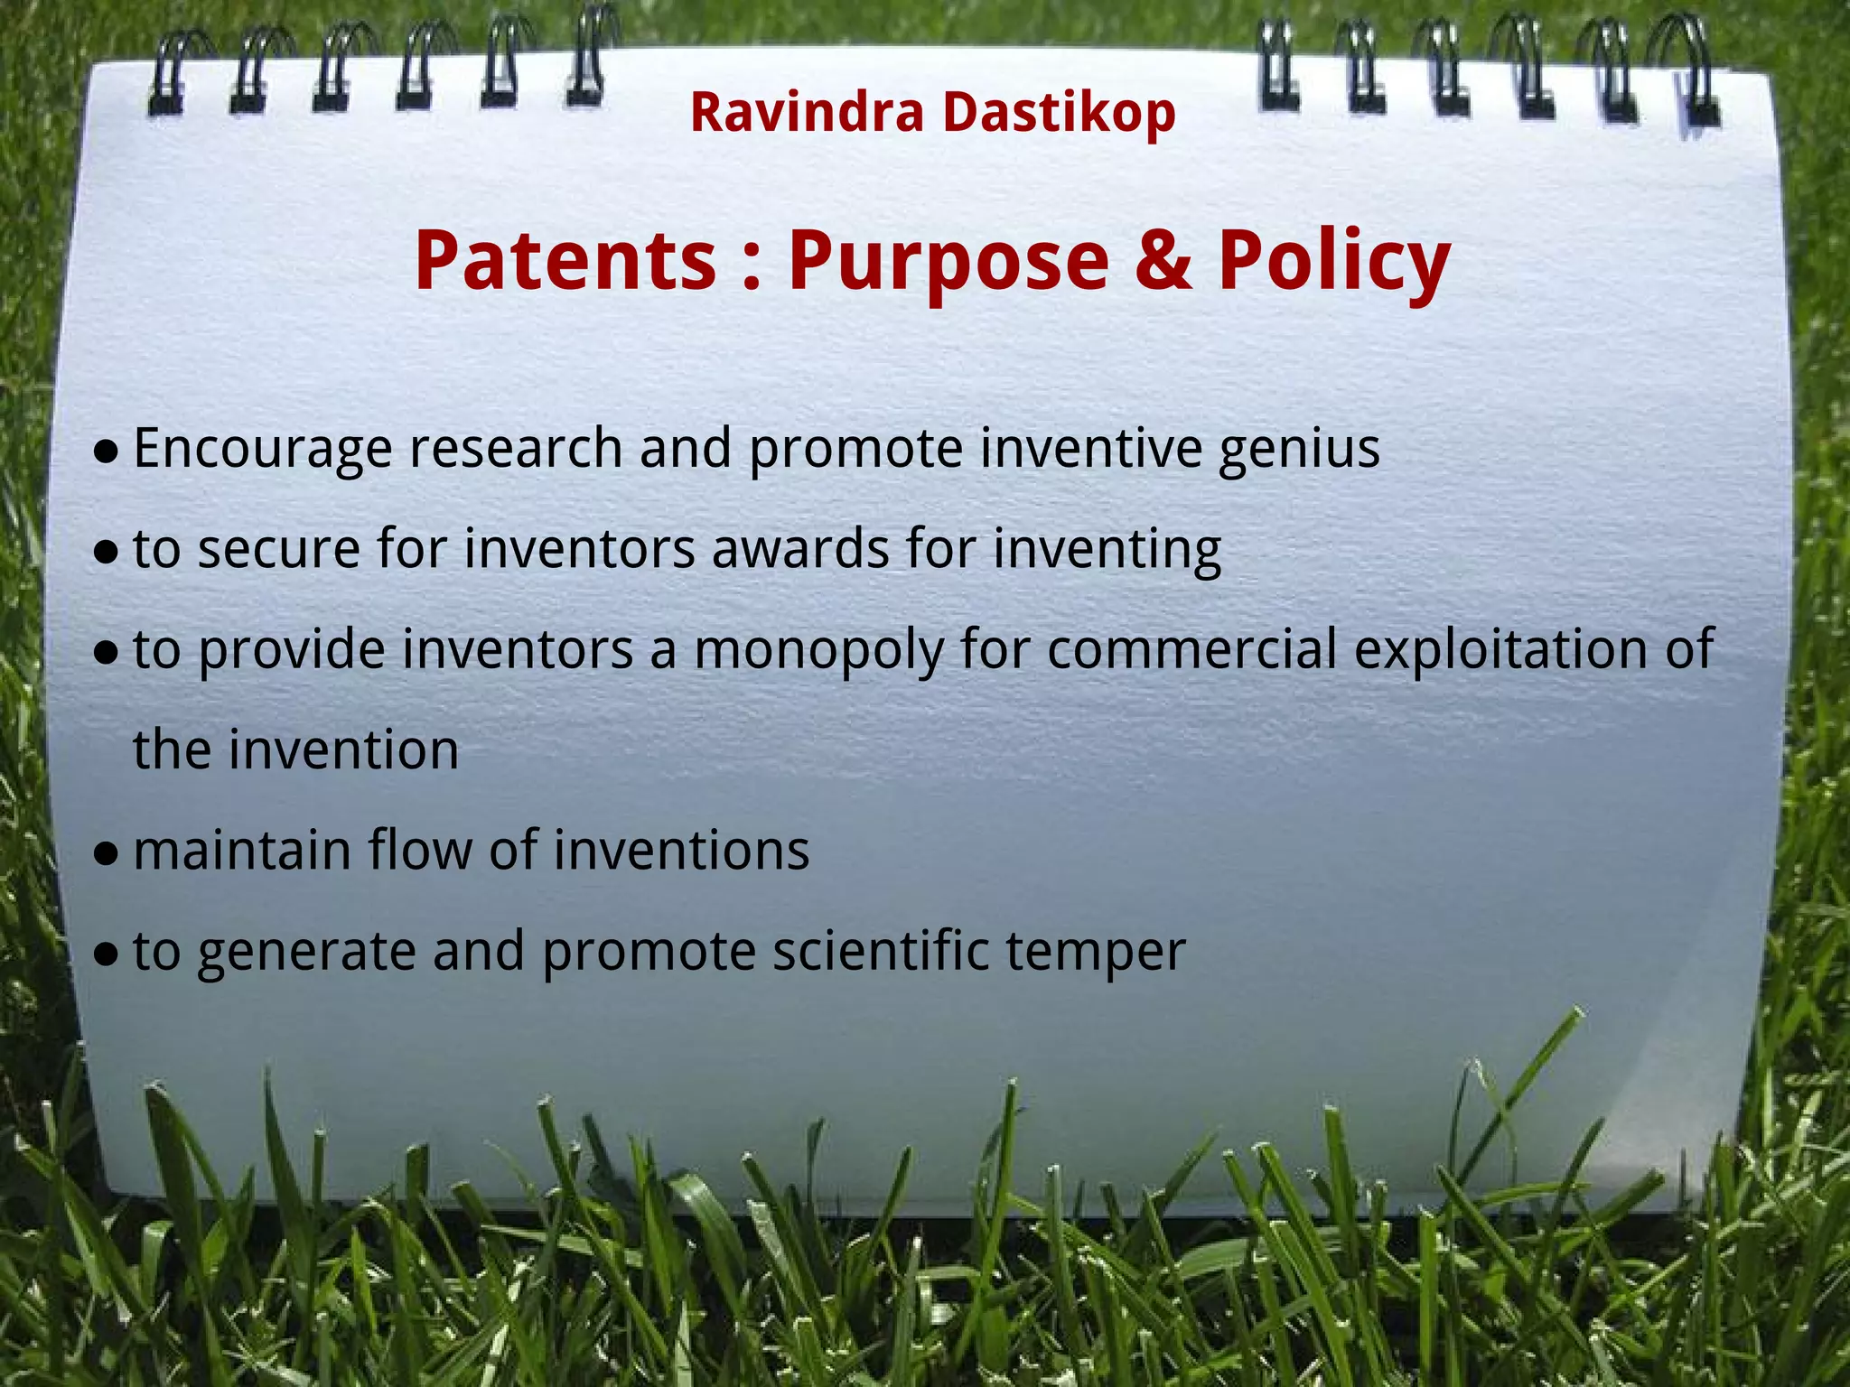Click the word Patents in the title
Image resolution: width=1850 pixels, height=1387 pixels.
pyautogui.click(x=565, y=262)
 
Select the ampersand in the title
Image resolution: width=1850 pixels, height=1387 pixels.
pyautogui.click(x=1163, y=262)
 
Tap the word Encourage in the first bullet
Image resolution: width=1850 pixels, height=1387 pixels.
pyautogui.click(x=262, y=450)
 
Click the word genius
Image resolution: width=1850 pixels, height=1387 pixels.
pyautogui.click(x=1299, y=450)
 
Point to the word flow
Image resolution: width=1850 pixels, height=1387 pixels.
pyautogui.click(x=419, y=851)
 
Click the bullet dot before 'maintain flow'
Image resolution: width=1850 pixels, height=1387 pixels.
pyautogui.click(x=107, y=854)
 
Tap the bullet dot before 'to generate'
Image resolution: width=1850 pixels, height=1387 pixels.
pyautogui.click(x=107, y=954)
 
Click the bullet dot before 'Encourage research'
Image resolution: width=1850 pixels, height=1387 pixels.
pyautogui.click(x=107, y=451)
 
